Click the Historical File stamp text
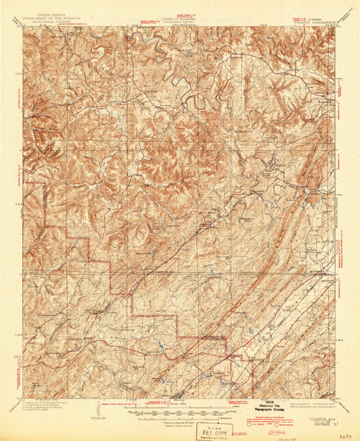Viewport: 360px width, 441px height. pos(268,406)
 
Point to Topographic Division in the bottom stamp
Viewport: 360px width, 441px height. pos(268,410)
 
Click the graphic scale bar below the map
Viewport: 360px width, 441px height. pos(168,412)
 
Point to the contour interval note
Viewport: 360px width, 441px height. pos(168,419)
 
